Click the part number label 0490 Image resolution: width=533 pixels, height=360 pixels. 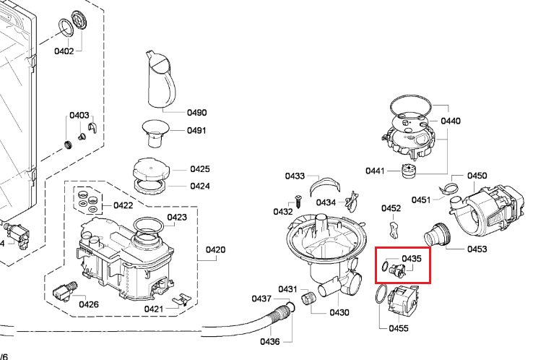tap(196, 113)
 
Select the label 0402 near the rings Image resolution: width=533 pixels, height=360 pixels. tap(64, 51)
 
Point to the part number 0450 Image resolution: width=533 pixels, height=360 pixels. tap(477, 176)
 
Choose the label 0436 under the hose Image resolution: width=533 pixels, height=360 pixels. tap(270, 341)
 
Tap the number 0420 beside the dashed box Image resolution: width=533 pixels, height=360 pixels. tap(216, 250)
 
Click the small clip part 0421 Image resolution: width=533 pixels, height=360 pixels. tap(183, 298)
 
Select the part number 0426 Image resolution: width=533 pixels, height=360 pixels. tap(89, 304)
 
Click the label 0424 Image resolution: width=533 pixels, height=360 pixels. tap(200, 187)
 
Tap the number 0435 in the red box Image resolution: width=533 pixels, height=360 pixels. tap(411, 258)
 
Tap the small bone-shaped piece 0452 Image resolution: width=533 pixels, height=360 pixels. tap(393, 230)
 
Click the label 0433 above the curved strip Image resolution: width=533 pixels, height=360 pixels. tap(295, 176)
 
